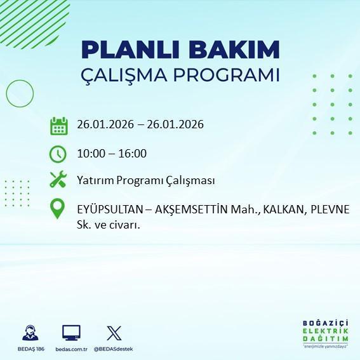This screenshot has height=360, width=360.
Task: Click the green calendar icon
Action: coord(58,125)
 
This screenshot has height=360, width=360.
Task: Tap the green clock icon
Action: coord(58,153)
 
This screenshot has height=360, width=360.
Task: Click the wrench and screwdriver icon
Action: coord(58,180)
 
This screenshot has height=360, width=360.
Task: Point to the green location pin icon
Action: coord(58,209)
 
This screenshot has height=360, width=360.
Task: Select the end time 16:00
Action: coord(133,153)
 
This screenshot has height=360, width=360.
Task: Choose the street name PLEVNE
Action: coord(330,210)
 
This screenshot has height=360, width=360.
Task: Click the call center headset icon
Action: coord(30,333)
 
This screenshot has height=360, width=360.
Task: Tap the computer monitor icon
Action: coord(70,333)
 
